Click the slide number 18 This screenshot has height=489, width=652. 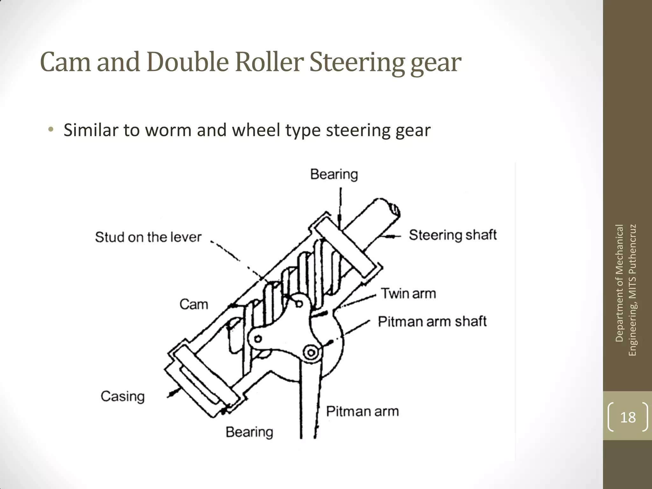628,417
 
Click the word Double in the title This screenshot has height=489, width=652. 188,62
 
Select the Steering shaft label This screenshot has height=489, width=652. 452,235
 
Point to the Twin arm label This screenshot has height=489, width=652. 408,294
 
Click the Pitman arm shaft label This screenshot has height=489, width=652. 432,322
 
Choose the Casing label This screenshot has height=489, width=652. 123,397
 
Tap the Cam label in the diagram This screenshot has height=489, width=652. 194,304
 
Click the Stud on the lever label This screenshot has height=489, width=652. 148,237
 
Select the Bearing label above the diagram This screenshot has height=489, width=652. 334,174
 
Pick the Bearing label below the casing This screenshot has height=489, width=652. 249,432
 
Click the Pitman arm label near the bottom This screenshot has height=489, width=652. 362,412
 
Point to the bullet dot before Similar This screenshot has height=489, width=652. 51,130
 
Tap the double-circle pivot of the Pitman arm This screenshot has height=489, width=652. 311,353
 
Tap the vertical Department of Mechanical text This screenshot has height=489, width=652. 619,283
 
